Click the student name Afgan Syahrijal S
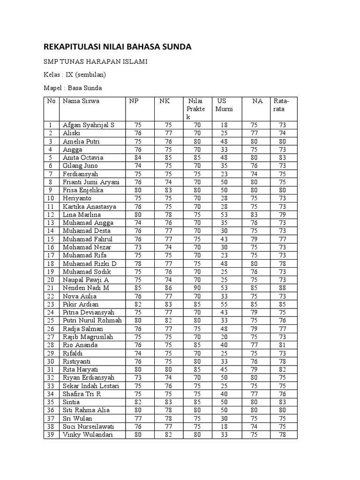[88, 125]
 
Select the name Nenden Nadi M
[86, 288]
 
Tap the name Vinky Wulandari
[88, 435]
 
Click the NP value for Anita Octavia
[138, 157]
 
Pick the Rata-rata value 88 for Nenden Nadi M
[283, 288]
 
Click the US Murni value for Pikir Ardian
[224, 304]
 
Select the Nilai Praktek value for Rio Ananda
[196, 345]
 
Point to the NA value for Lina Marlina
[254, 215]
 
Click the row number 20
[50, 280]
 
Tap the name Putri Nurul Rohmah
[92, 321]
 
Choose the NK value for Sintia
[168, 402]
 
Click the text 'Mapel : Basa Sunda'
[73, 88]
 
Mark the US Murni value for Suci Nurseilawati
[224, 427]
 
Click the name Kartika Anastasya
[89, 207]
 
